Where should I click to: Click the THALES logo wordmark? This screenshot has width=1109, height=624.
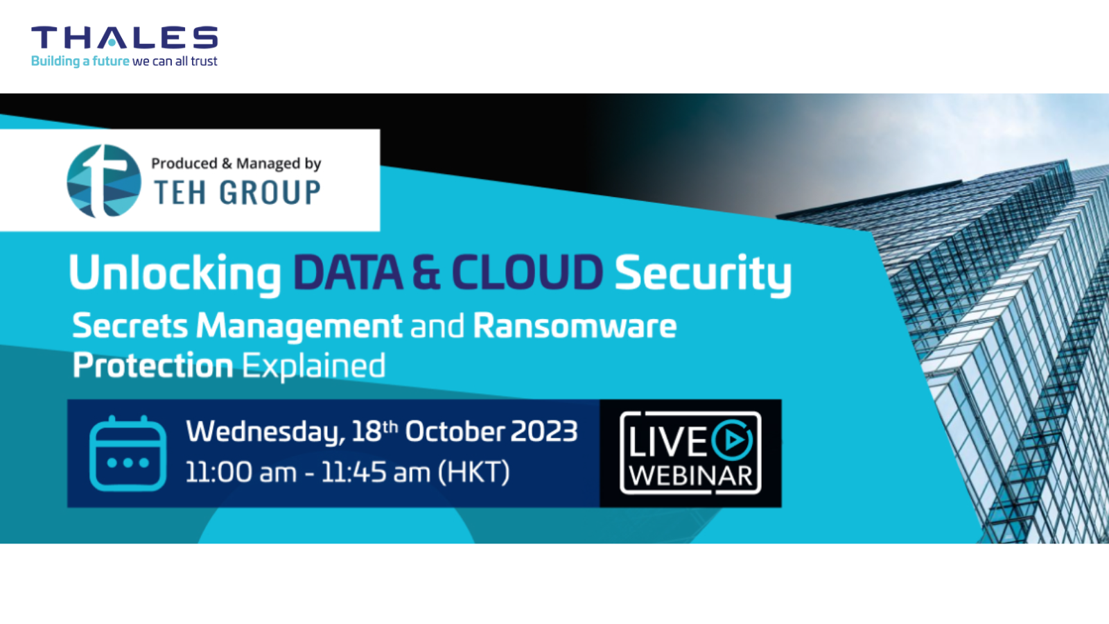(124, 37)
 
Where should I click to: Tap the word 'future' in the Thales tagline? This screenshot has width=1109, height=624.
(111, 61)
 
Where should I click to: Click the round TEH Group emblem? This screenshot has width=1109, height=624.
(104, 181)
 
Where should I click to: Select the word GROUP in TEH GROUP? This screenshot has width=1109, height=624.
(270, 192)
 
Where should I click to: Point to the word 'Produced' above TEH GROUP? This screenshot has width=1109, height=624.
(184, 163)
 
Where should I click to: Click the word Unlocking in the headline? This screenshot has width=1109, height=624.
(175, 273)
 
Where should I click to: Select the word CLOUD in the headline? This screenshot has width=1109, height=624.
(527, 272)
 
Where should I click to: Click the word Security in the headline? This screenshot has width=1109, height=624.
(703, 273)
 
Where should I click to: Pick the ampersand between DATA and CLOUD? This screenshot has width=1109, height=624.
(426, 272)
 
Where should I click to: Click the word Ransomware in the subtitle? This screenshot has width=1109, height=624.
(575, 326)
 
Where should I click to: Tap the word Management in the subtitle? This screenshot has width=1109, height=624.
(299, 327)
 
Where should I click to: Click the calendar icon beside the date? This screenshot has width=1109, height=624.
(128, 453)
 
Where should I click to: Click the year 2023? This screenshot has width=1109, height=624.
(543, 431)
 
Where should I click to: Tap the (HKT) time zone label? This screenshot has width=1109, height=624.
(474, 471)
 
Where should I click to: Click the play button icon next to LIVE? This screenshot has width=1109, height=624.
(733, 440)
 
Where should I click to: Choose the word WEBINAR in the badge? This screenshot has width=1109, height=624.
(691, 476)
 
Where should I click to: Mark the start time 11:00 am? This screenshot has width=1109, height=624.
(241, 472)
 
